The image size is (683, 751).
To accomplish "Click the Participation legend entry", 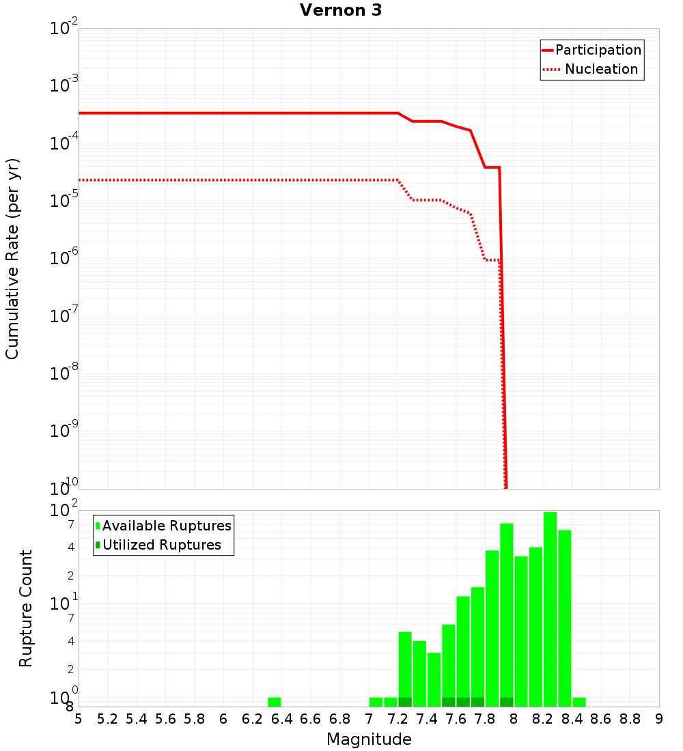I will [591, 51].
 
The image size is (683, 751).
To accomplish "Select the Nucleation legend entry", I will [591, 70].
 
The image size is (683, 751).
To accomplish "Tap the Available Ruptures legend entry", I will [163, 526].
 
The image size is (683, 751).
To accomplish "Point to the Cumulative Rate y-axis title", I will [12, 258].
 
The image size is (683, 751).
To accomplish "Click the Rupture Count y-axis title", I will [26, 608].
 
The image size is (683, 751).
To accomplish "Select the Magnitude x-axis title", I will [369, 739].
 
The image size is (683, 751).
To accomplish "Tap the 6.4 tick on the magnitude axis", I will [281, 720].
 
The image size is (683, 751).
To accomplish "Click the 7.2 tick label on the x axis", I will [398, 720].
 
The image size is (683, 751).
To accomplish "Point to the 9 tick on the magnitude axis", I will [658, 720].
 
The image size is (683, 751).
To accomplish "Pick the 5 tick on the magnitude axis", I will [79, 720].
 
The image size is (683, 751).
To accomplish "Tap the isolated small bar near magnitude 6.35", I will [274, 702].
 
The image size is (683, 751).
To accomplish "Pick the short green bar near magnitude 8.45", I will [579, 702].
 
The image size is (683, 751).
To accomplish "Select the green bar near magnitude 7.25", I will [405, 669].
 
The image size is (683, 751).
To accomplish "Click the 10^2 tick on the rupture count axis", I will [65, 511].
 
